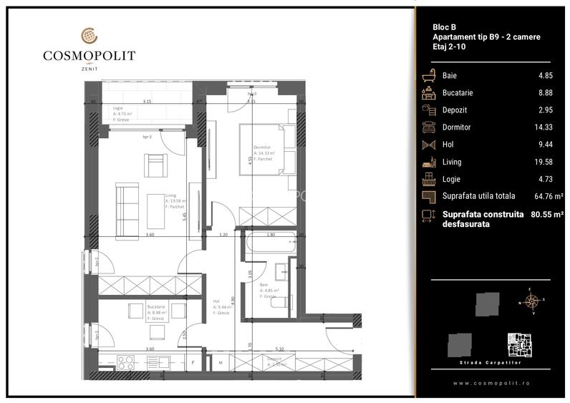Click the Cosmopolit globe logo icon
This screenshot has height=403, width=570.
89,34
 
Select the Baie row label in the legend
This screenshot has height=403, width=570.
450,75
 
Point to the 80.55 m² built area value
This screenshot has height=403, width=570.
548,214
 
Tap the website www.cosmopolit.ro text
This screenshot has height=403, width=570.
491,383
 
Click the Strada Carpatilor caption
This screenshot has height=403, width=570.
491,363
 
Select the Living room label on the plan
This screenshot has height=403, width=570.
171,195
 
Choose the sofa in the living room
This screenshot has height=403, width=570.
127,202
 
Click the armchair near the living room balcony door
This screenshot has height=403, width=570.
156,166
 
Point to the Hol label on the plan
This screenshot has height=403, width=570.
217,301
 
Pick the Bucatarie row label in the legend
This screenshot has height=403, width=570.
457,92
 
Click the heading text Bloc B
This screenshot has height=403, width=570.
444,26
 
